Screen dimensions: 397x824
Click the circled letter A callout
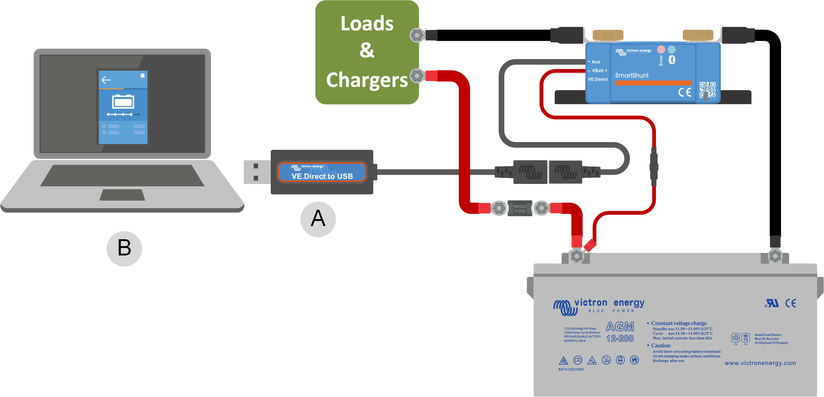pos(318,219)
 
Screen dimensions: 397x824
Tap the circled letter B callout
pos(124,248)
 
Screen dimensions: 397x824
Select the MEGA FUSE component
pos(520,209)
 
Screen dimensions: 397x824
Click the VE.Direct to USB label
pos(322,176)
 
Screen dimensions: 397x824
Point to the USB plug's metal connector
pos(256,172)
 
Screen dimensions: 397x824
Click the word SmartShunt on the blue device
pos(631,75)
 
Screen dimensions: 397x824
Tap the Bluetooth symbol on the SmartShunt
pos(672,60)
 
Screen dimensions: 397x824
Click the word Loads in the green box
pos(367,24)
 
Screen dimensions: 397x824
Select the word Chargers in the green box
pos(367,80)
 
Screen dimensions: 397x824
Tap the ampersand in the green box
pos(367,50)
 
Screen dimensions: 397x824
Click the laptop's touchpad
pos(122,195)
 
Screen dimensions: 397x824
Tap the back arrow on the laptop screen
pos(106,80)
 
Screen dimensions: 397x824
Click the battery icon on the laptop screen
pos(123,102)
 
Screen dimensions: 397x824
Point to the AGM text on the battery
pos(620,327)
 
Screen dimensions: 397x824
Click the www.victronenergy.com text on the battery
pos(760,363)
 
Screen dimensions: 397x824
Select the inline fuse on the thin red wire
pos(654,167)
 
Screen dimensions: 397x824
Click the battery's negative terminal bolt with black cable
pos(775,256)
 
